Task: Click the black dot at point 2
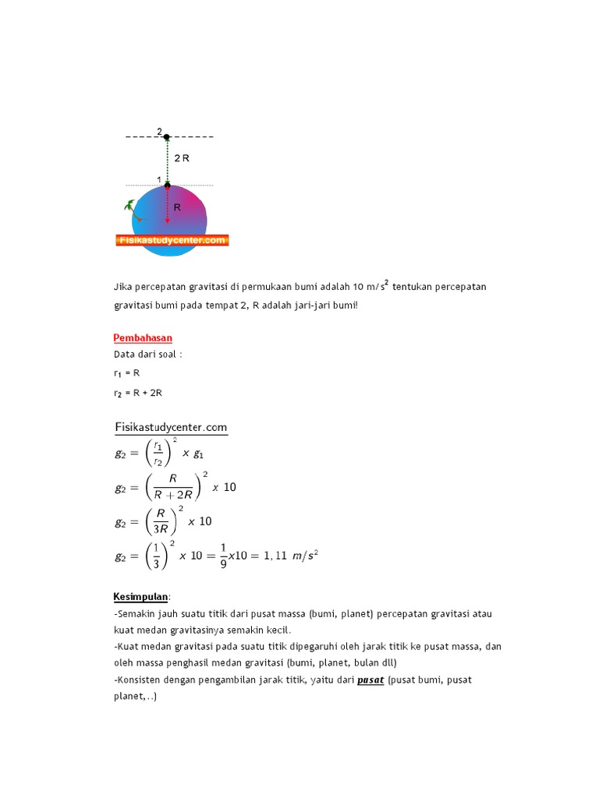166,137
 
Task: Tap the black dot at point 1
167,185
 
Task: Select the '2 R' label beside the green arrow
182,158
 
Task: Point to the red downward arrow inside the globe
167,207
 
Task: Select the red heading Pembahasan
143,337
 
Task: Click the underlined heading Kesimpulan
140,597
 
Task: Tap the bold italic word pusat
370,680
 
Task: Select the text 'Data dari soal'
145,354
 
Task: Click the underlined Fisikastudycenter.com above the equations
171,426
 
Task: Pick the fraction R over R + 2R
173,489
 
